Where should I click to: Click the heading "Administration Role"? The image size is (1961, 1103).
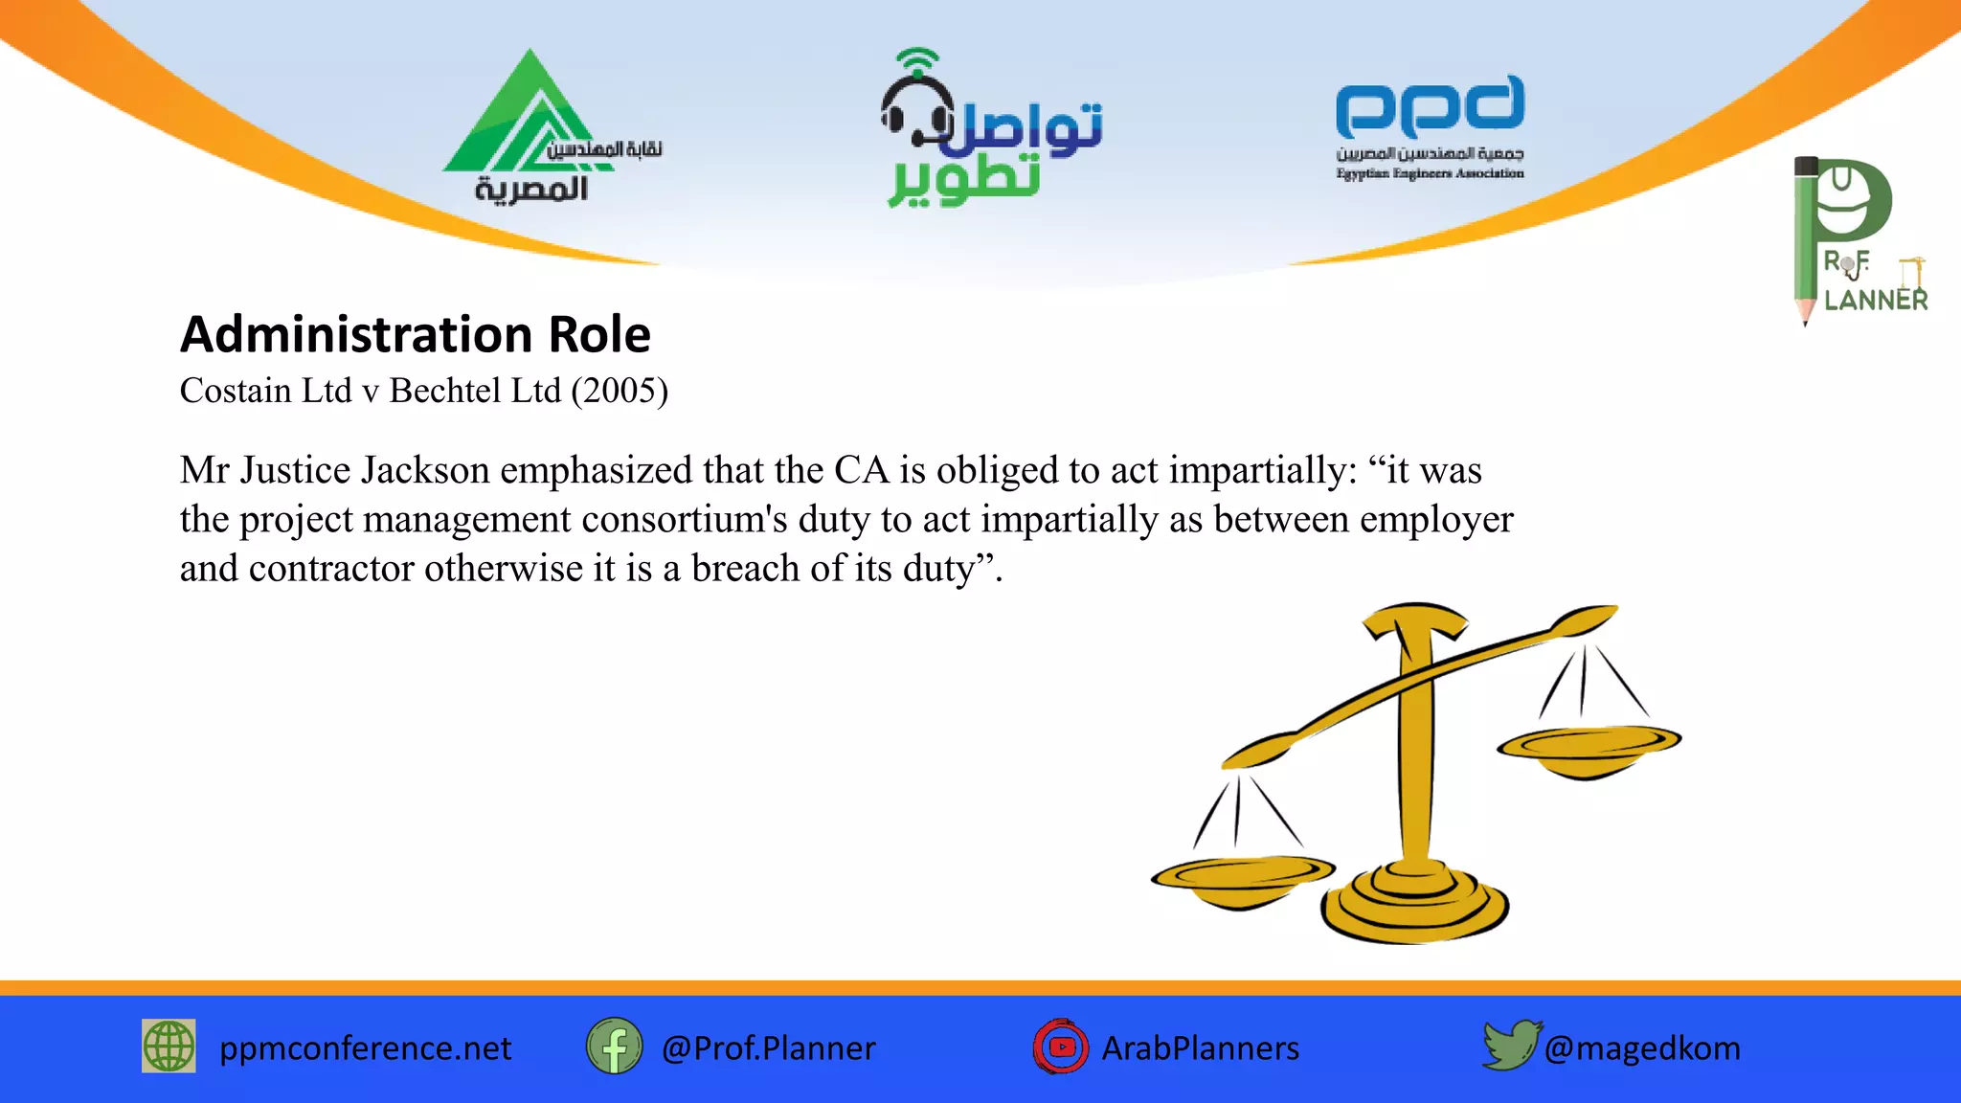click(x=415, y=334)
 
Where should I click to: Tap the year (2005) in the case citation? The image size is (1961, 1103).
click(x=620, y=391)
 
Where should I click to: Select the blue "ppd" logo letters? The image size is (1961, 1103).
click(x=1430, y=107)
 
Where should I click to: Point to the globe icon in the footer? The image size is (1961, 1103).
click(x=169, y=1046)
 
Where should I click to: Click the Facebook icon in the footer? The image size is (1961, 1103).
click(x=614, y=1047)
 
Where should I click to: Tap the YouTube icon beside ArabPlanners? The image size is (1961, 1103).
click(x=1061, y=1047)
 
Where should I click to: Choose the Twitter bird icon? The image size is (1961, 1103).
click(x=1510, y=1045)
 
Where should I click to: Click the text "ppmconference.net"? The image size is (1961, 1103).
click(x=365, y=1048)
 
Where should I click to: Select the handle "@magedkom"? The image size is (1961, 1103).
click(x=1642, y=1048)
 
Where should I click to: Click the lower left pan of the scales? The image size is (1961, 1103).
click(x=1242, y=876)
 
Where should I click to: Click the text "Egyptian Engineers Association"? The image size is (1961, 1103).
click(x=1430, y=173)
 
